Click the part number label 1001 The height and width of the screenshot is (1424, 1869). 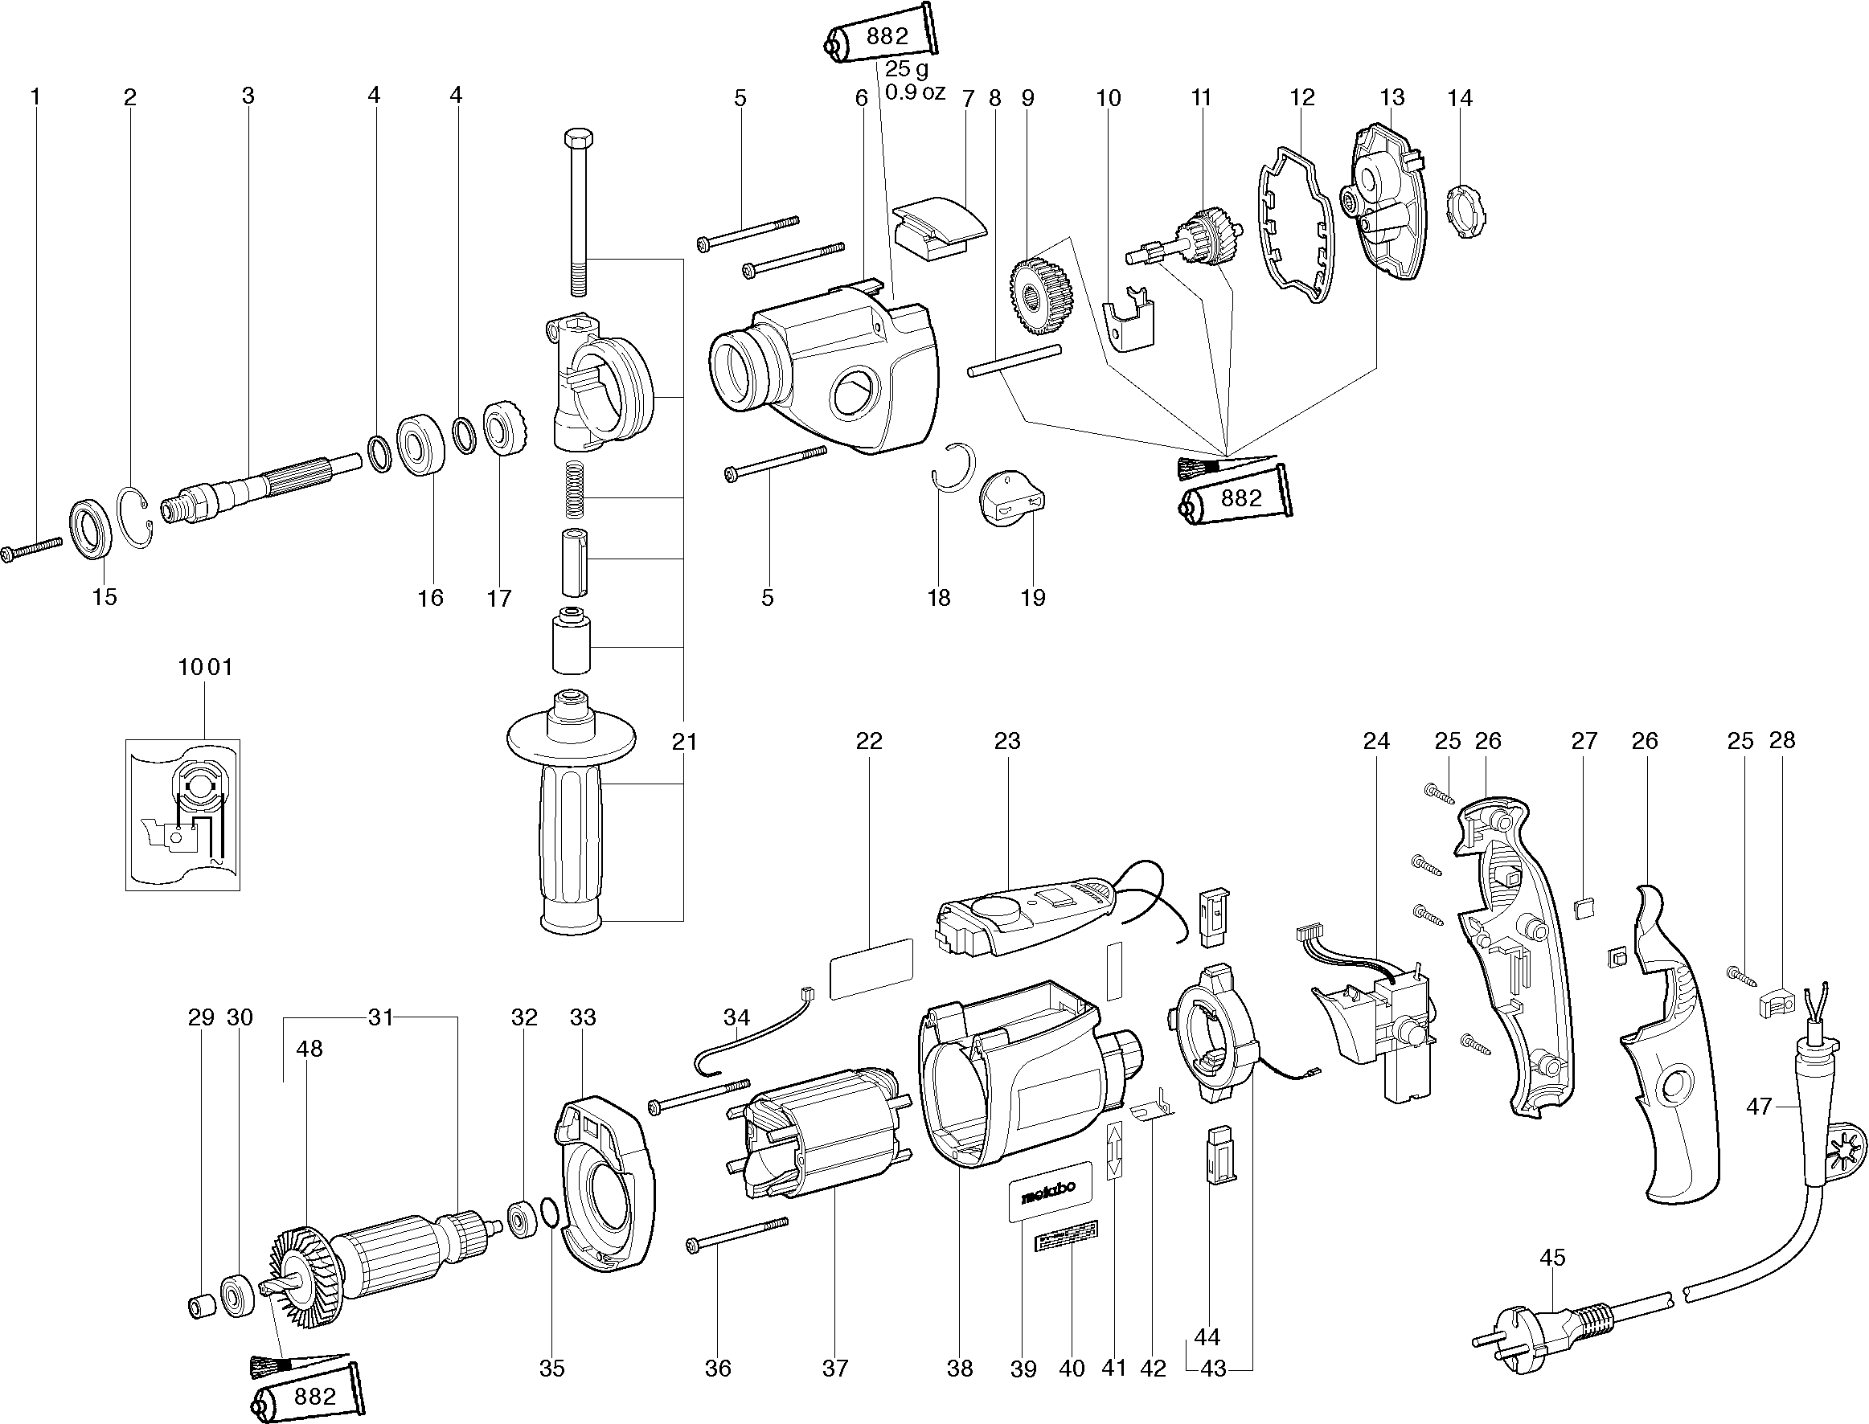pos(204,667)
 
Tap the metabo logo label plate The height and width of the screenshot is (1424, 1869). pos(1049,1190)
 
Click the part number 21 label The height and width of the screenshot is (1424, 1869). pos(684,742)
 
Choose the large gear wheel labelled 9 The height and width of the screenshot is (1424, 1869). pos(1042,294)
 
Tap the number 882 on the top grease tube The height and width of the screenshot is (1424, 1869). pos(887,35)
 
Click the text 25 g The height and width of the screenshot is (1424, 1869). pos(907,68)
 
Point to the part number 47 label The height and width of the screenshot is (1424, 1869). pos(1759,1106)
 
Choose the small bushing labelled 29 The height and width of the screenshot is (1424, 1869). pos(201,1306)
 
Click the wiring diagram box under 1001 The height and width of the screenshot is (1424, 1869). pos(183,815)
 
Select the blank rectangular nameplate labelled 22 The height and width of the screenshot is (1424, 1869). pos(871,969)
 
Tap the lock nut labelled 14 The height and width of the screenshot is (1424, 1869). pos(1466,211)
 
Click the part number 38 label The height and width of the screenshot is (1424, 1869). pos(960,1368)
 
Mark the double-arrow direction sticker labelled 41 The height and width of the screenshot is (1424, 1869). pos(1114,1149)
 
